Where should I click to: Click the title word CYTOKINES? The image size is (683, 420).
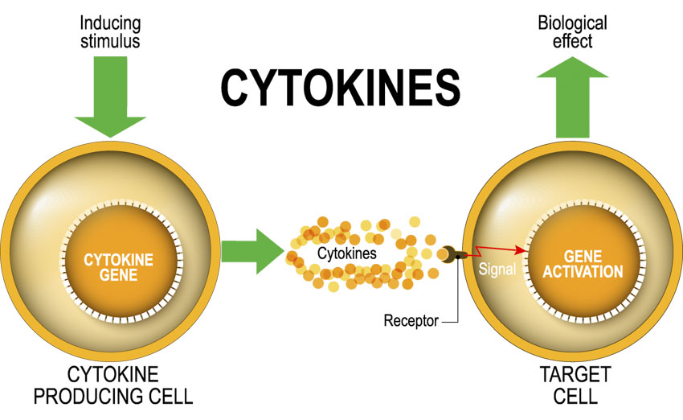[x=341, y=87]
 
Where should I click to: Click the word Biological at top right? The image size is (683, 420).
[x=572, y=23]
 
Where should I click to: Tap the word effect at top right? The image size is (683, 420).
[x=572, y=40]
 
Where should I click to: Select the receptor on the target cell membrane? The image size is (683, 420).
[x=450, y=254]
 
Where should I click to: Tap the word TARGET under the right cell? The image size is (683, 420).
[x=575, y=375]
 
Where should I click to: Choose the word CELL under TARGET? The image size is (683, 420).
[x=575, y=397]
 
